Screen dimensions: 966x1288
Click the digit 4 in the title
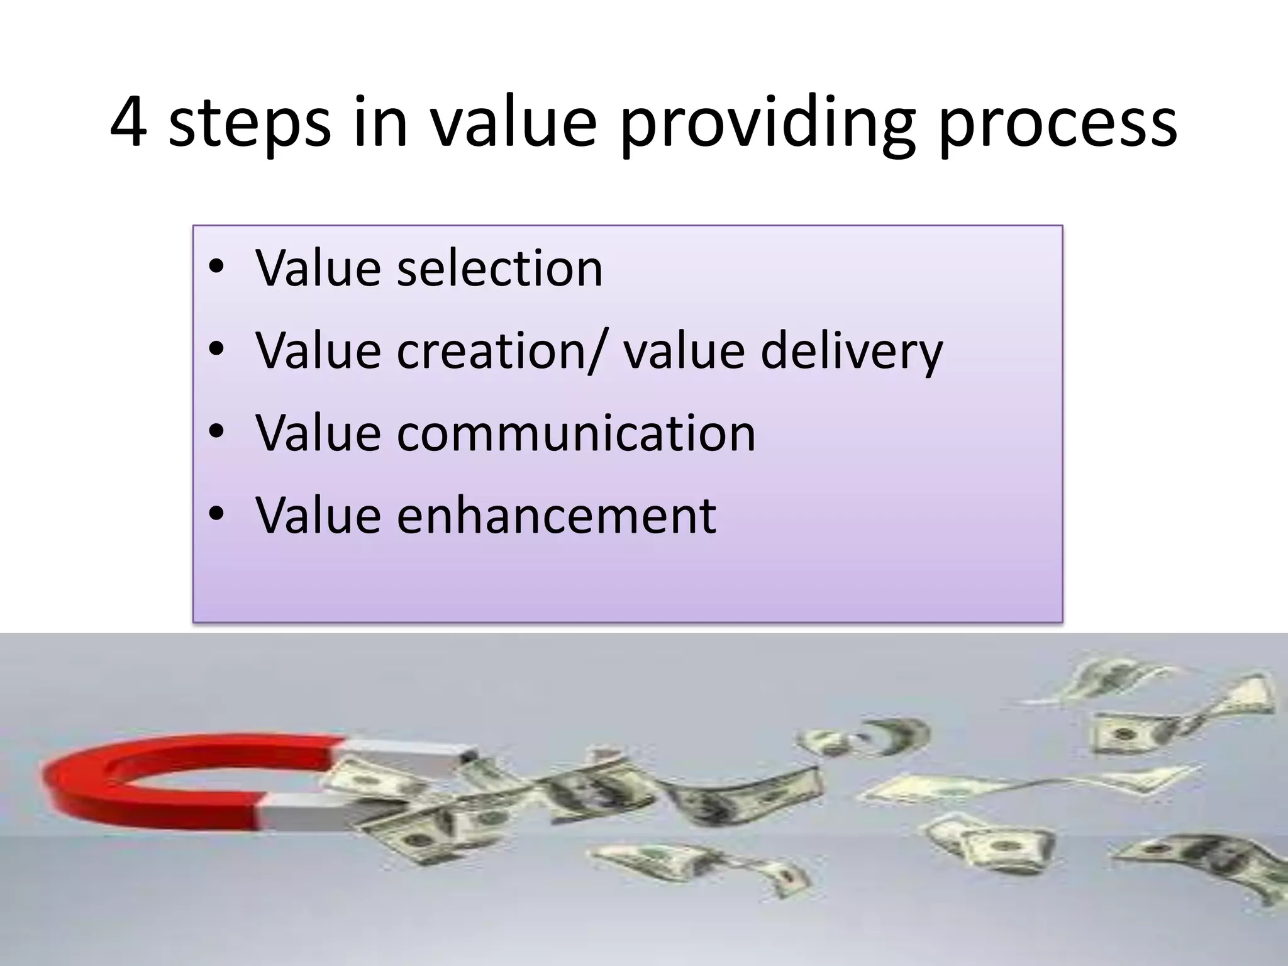pos(129,123)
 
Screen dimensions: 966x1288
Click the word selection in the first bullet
pos(499,269)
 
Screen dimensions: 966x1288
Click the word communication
pos(576,433)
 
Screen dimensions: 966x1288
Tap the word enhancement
pos(557,516)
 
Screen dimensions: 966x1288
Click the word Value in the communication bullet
pos(318,433)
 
